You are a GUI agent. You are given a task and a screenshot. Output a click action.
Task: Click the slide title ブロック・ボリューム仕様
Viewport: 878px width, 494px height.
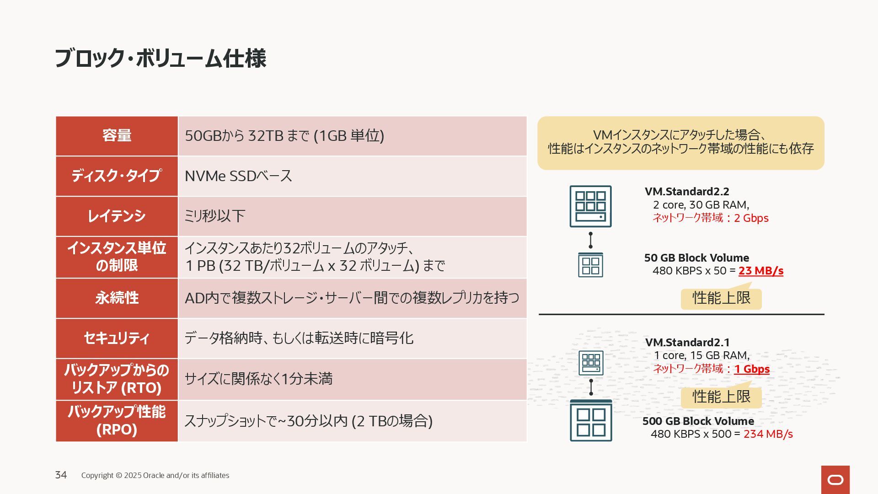click(160, 59)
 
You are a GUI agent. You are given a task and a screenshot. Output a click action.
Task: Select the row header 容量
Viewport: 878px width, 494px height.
click(117, 136)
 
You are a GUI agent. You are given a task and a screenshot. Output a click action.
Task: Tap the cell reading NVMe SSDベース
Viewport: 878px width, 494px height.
click(238, 176)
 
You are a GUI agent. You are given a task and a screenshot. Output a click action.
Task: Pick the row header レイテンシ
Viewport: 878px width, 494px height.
click(117, 216)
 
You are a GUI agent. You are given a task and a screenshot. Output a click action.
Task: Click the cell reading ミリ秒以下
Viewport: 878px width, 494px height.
click(214, 216)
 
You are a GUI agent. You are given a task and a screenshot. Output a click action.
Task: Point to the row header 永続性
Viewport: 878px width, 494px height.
click(117, 298)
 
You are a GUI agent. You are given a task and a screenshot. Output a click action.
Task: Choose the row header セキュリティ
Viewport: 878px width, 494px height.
click(117, 338)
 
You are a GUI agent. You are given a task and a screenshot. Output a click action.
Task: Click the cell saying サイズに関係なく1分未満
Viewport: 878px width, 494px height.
click(258, 379)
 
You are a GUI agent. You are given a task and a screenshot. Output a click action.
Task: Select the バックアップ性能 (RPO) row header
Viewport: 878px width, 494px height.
click(117, 421)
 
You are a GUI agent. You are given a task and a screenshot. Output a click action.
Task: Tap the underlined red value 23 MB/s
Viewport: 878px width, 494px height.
click(760, 271)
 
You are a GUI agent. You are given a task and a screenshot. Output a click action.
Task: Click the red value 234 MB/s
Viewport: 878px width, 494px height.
click(768, 434)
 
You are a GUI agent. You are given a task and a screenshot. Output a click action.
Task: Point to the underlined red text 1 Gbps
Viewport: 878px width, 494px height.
click(752, 369)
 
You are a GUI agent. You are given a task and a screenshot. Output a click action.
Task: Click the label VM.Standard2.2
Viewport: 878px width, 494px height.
click(687, 192)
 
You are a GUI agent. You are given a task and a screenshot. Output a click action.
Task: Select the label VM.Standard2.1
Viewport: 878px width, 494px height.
click(687, 343)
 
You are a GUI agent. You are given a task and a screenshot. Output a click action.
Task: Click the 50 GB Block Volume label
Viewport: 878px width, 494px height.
click(696, 258)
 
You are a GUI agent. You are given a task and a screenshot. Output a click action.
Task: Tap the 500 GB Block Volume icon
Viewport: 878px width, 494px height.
click(591, 420)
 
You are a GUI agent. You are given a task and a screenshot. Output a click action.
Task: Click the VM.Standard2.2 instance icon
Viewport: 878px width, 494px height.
click(590, 206)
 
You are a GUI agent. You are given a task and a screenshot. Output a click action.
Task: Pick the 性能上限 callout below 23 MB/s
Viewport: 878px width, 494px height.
click(721, 298)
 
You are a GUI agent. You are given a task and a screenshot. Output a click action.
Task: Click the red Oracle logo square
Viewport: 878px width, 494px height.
click(835, 479)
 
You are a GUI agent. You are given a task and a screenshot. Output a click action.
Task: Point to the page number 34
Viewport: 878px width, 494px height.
click(61, 475)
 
